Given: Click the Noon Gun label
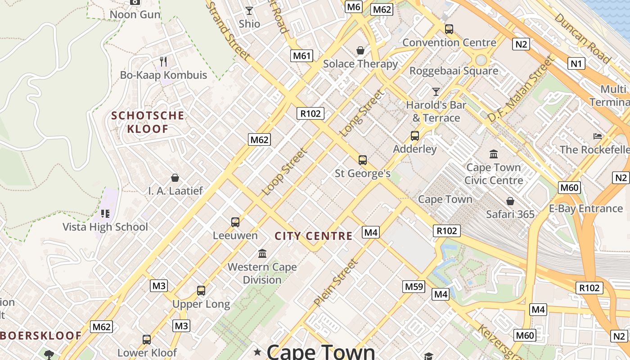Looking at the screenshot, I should point(135,14).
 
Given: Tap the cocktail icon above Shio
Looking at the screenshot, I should point(249,10).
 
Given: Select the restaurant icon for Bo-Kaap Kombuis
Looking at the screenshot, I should point(163,61).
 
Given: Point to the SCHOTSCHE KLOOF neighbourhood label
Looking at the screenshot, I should point(148,122).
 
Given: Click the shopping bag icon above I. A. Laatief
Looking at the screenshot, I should point(175,178).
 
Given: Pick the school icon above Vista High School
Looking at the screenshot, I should point(105,213).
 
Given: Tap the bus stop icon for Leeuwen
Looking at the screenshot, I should point(235,222).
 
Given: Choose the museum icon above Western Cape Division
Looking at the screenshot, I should point(262,253).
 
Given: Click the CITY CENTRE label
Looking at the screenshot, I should point(314,236).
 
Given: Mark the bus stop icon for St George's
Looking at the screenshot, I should point(363,160).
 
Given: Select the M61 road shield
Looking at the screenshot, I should point(301,56).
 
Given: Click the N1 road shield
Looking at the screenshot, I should point(576,63).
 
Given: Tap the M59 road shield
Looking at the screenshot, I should point(414,287).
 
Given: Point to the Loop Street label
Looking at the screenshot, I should point(285,172).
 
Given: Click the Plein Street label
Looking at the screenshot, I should point(336,283).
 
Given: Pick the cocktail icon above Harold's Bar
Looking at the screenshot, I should point(436,92).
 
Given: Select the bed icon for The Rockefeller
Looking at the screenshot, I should point(598,136).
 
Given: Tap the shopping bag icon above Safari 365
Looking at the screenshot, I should point(510,201).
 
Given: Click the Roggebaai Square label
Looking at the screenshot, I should point(454,71).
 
